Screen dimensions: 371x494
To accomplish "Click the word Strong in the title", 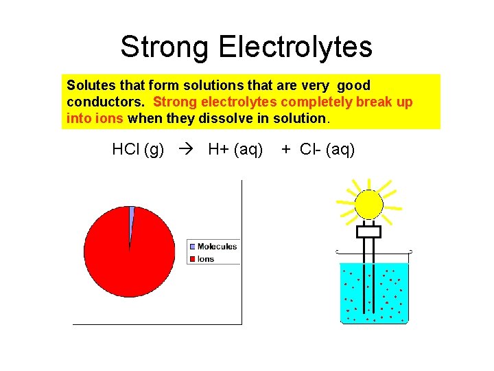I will coord(165,47).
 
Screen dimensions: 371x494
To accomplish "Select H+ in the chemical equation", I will coord(218,149).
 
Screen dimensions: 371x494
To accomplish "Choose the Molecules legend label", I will coord(217,246).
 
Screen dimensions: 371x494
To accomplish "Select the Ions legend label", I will coord(206,259).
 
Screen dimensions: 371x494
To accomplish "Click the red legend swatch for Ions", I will coord(193,259).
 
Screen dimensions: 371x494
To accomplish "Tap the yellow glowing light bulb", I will coord(368,204).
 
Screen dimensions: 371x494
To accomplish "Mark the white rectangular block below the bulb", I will coord(368,232).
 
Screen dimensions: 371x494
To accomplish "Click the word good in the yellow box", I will coord(354,86).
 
